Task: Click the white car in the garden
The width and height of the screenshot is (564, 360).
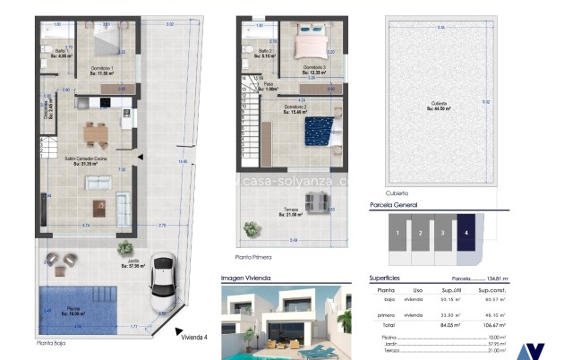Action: tap(162, 280)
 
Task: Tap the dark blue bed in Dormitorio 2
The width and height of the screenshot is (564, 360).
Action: tap(318, 133)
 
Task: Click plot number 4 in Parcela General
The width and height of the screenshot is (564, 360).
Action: tap(466, 233)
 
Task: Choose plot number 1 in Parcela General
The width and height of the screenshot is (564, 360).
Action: tap(395, 233)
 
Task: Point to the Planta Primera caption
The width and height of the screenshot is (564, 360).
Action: tap(253, 256)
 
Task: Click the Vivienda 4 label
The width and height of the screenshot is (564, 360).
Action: tap(192, 337)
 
